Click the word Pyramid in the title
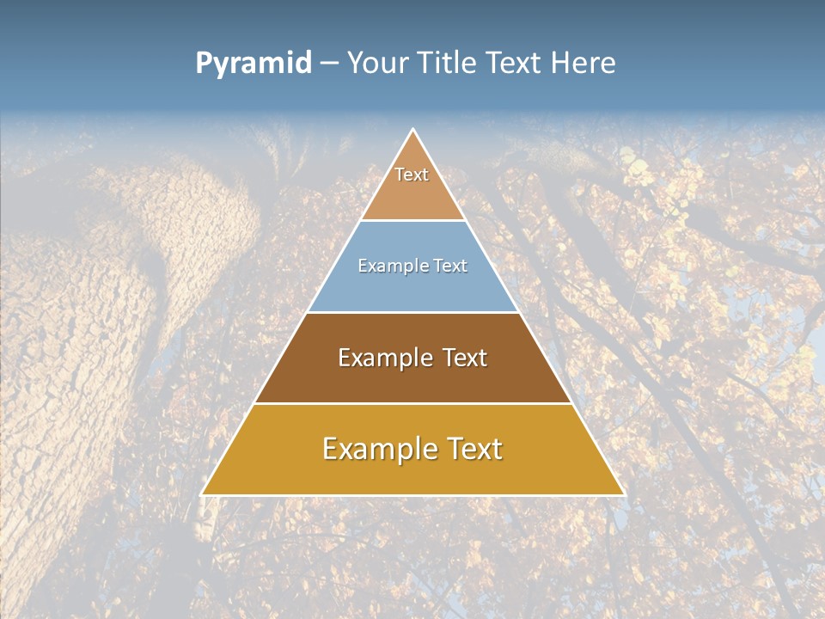tap(254, 64)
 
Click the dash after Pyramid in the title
tap(328, 64)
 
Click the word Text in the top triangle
tap(412, 175)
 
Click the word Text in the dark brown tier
tap(465, 358)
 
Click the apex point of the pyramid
tap(413, 130)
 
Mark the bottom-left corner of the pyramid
tap(202, 495)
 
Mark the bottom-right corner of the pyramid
tap(624, 495)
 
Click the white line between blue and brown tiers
tap(412, 312)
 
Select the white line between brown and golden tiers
tap(412, 404)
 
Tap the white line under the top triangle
tap(412, 220)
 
